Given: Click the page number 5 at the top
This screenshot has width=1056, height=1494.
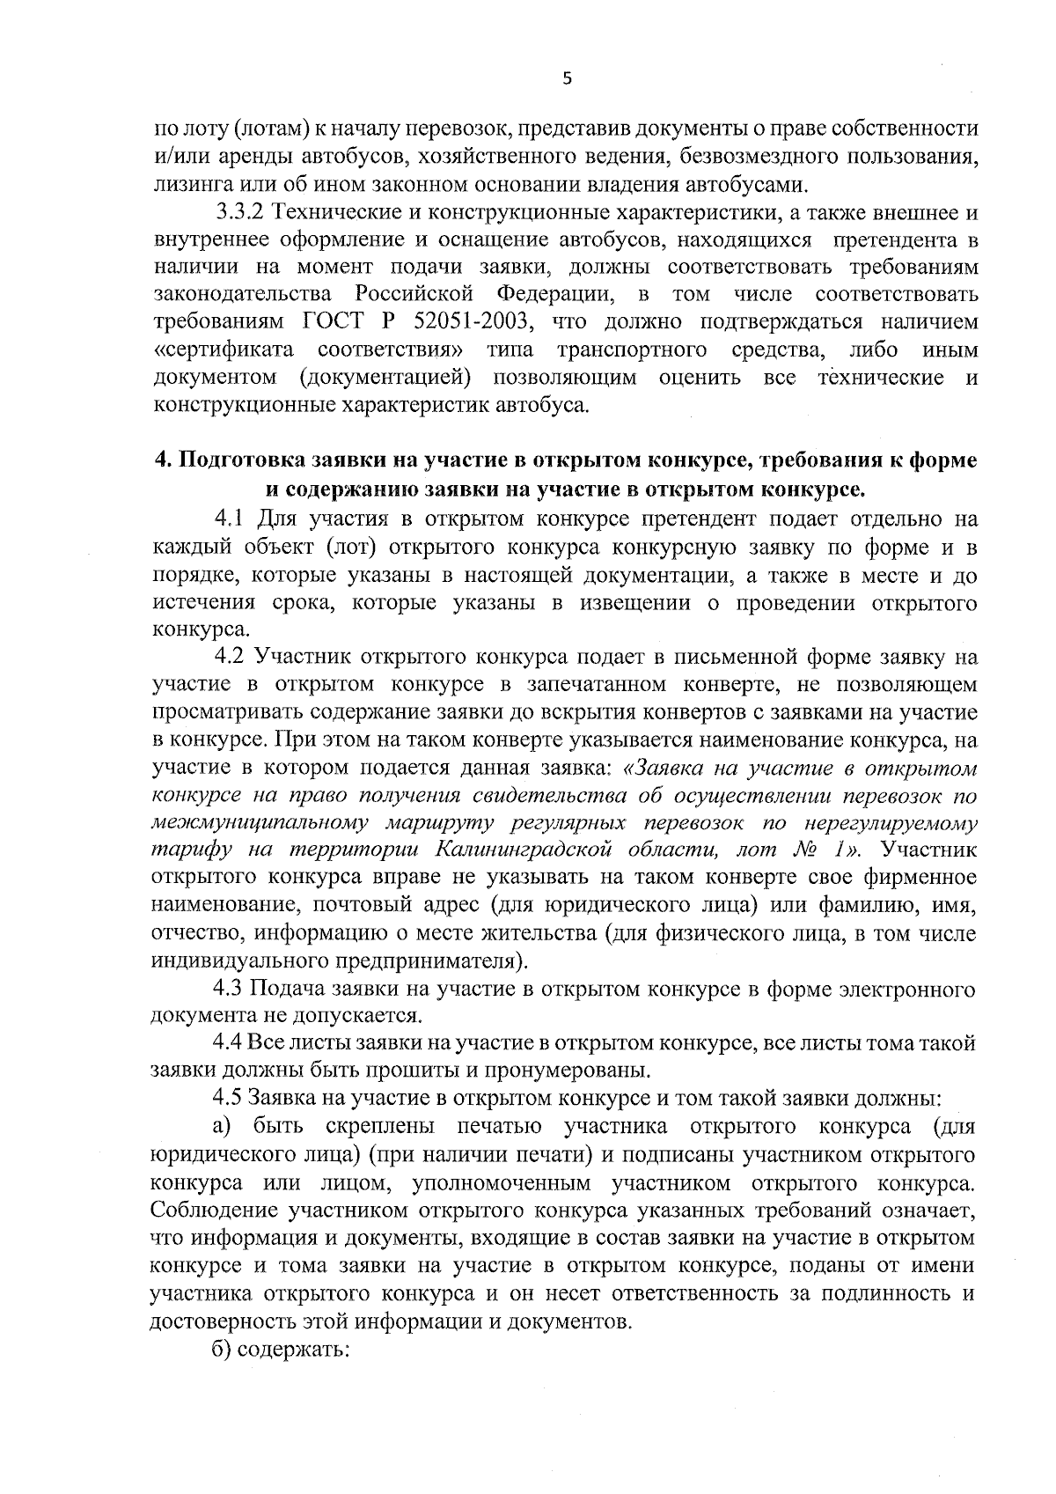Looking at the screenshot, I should click(x=567, y=79).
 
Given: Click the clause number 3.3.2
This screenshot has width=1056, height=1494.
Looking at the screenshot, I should click(x=240, y=213).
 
